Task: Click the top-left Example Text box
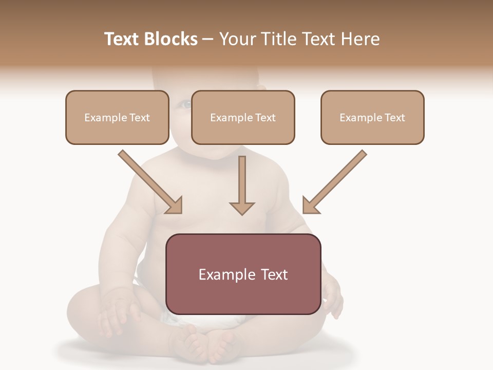tap(117, 117)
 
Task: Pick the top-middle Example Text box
tap(243, 117)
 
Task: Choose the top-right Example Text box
tap(372, 117)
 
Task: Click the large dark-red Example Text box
tap(243, 274)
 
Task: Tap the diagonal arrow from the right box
tap(334, 182)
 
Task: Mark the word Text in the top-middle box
tap(264, 118)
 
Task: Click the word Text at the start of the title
tap(121, 39)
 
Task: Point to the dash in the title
tap(208, 39)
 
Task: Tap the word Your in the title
tap(238, 39)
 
